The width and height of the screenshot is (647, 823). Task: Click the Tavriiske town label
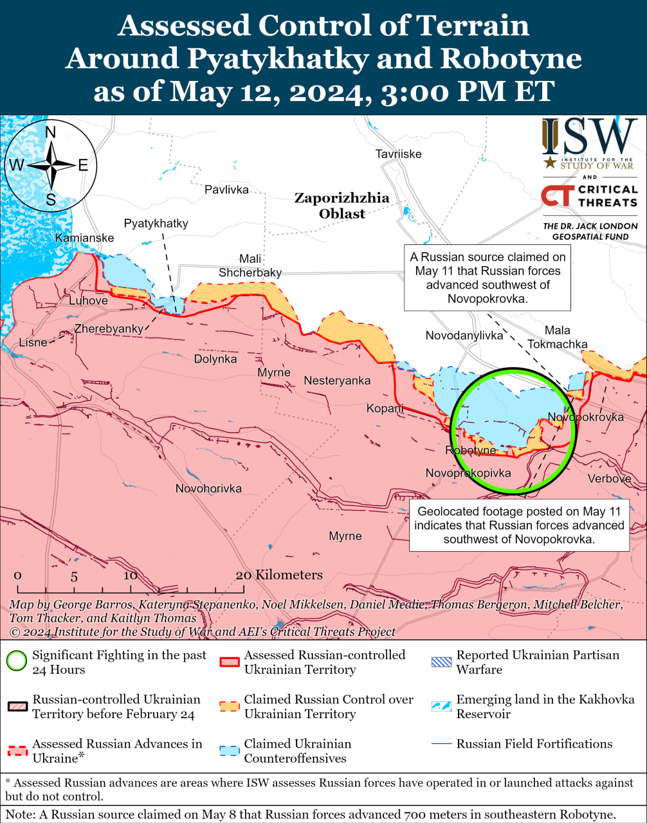(x=399, y=154)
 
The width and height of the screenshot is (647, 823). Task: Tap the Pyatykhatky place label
(x=156, y=223)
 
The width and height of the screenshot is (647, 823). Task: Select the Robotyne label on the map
(x=471, y=450)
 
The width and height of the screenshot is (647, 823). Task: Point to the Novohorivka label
(x=208, y=489)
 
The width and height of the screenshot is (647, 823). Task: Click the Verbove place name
(x=608, y=478)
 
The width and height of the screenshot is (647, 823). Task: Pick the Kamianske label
(x=84, y=238)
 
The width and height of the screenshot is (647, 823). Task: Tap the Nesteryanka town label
(x=337, y=381)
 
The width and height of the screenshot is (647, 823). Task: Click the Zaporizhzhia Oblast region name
(x=342, y=206)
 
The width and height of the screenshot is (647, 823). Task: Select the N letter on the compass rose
(x=51, y=132)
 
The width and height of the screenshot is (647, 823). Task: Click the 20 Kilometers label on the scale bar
(x=279, y=575)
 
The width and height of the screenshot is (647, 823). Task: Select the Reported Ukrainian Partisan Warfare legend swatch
(x=441, y=662)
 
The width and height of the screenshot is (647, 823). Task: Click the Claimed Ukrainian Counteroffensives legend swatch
(x=230, y=750)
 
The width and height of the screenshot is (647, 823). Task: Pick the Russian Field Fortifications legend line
(x=441, y=744)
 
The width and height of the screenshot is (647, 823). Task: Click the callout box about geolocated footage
(x=519, y=525)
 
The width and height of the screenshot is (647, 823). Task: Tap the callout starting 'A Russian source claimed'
(x=488, y=277)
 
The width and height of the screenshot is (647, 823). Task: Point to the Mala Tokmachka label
(x=557, y=337)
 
